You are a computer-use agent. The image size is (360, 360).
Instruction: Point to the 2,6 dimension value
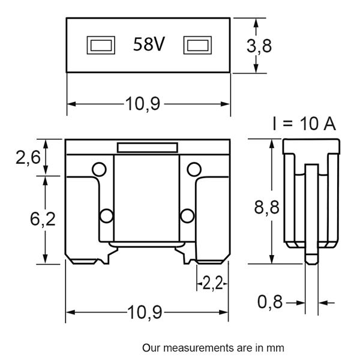(x=28, y=157)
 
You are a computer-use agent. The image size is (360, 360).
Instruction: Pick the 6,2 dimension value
(x=43, y=220)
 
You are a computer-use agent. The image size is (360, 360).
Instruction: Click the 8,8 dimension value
(x=266, y=208)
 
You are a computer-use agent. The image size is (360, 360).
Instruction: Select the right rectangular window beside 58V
(x=197, y=45)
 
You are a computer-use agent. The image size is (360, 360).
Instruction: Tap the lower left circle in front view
(x=106, y=215)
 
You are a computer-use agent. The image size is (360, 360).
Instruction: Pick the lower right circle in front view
(x=186, y=215)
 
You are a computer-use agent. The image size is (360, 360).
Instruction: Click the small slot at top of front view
(x=146, y=147)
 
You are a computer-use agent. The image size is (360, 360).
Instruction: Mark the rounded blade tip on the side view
(x=311, y=260)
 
